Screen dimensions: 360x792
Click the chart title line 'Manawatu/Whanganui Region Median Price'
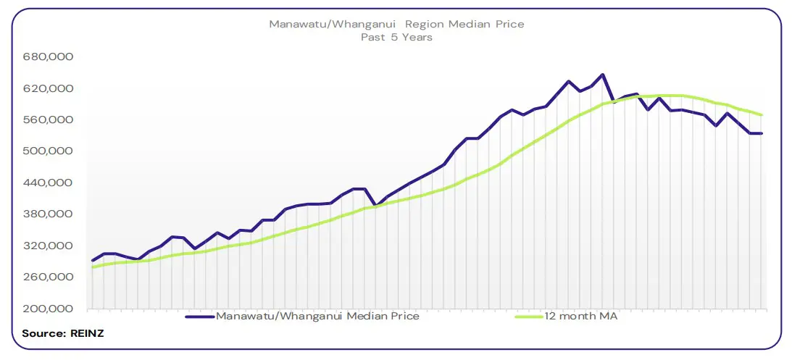pyautogui.click(x=396, y=24)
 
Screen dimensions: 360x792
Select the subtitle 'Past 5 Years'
pyautogui.click(x=396, y=37)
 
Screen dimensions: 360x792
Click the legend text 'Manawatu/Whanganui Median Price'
pyautogui.click(x=317, y=316)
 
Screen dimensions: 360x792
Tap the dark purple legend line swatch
pyautogui.click(x=200, y=317)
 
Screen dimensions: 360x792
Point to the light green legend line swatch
pyautogui.click(x=528, y=317)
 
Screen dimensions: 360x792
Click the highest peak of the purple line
pyautogui.click(x=602, y=75)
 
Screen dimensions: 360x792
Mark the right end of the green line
pyautogui.click(x=762, y=115)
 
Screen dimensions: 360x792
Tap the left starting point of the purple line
pyautogui.click(x=92, y=261)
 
